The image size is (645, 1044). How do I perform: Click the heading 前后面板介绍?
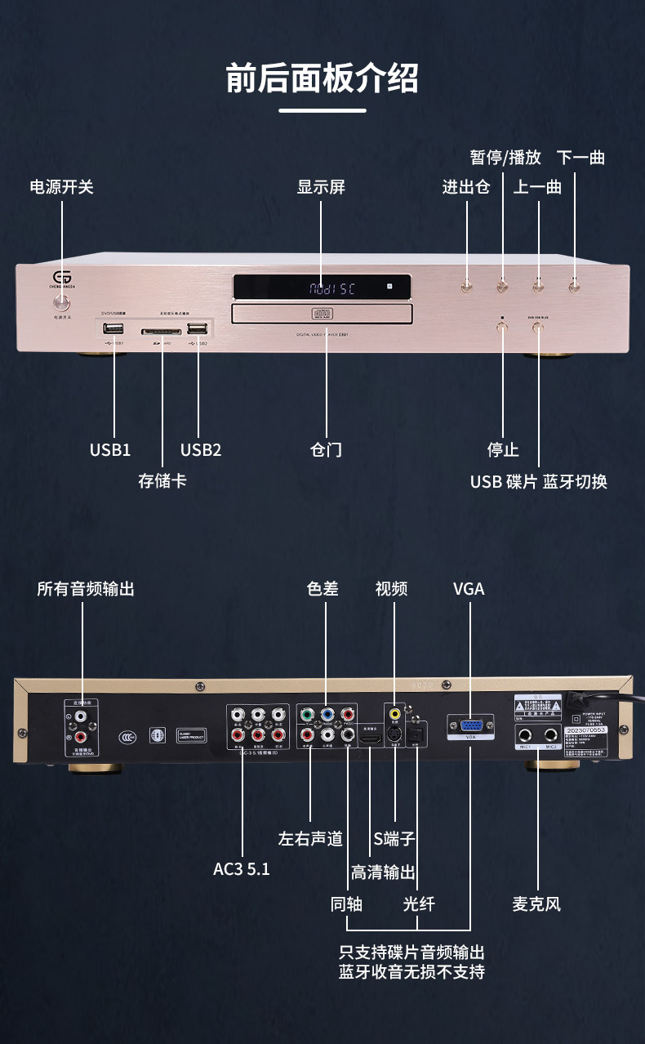[x=322, y=78]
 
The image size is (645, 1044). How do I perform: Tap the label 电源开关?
[x=62, y=187]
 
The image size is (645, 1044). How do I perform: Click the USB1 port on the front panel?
[x=113, y=329]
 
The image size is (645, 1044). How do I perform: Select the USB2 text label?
[x=200, y=449]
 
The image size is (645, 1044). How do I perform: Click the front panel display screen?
[x=321, y=288]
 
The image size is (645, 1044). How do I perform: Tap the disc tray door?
[x=321, y=313]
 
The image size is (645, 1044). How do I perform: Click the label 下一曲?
[x=580, y=158]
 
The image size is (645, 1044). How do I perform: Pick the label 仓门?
[x=325, y=449]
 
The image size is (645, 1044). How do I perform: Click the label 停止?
[x=503, y=449]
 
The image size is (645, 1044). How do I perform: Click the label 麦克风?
[x=536, y=904]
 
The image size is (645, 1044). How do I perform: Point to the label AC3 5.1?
[x=241, y=868]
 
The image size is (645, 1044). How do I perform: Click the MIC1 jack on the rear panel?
[x=524, y=734]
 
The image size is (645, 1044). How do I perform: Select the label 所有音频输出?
[x=85, y=588]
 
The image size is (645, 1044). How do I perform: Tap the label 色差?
[x=322, y=588]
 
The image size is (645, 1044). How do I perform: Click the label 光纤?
[x=418, y=904]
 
